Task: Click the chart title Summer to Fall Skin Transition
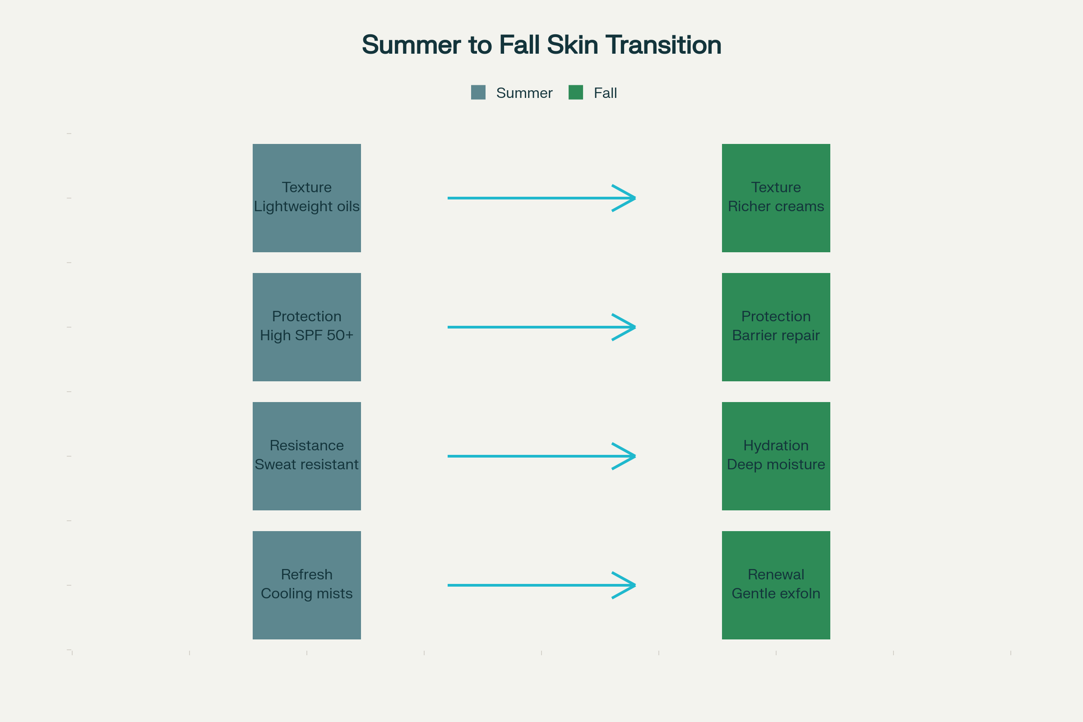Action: coord(541,45)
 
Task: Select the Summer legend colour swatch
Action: coord(478,92)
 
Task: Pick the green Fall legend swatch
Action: coord(576,92)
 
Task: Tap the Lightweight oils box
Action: coord(307,198)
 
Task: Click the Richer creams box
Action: coord(776,198)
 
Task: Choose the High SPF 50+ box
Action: coord(307,327)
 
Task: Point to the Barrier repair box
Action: coord(776,327)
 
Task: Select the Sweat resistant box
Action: coord(307,456)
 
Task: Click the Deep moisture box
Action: coord(776,456)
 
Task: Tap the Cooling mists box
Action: coord(307,585)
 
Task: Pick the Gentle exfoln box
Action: coord(776,585)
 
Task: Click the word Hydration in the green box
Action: coord(776,446)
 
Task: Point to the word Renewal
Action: coord(776,574)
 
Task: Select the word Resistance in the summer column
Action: coord(307,446)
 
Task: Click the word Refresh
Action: coord(307,574)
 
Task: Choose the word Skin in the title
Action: coord(573,45)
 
